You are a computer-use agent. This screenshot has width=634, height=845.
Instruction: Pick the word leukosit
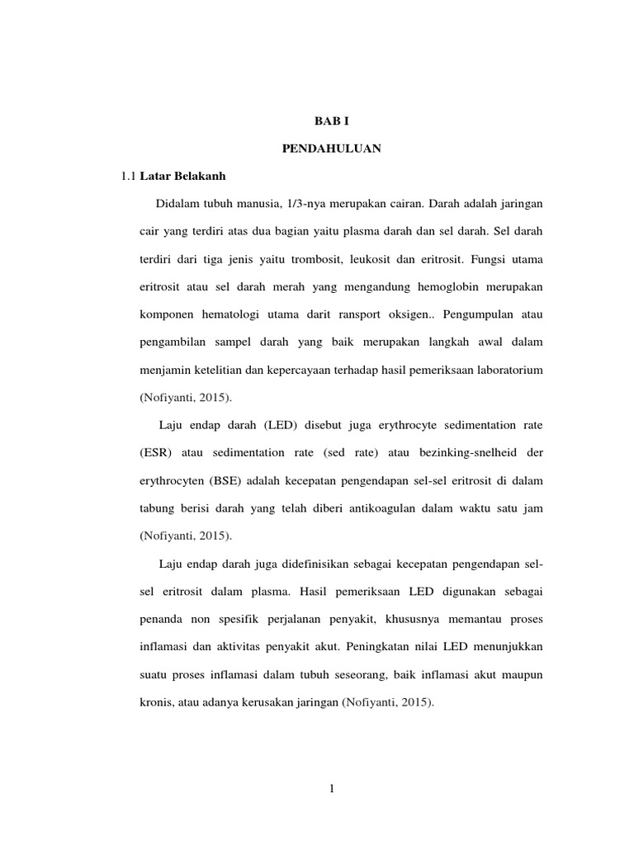pyautogui.click(x=372, y=259)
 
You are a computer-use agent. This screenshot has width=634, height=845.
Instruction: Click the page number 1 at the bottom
pyautogui.click(x=332, y=789)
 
